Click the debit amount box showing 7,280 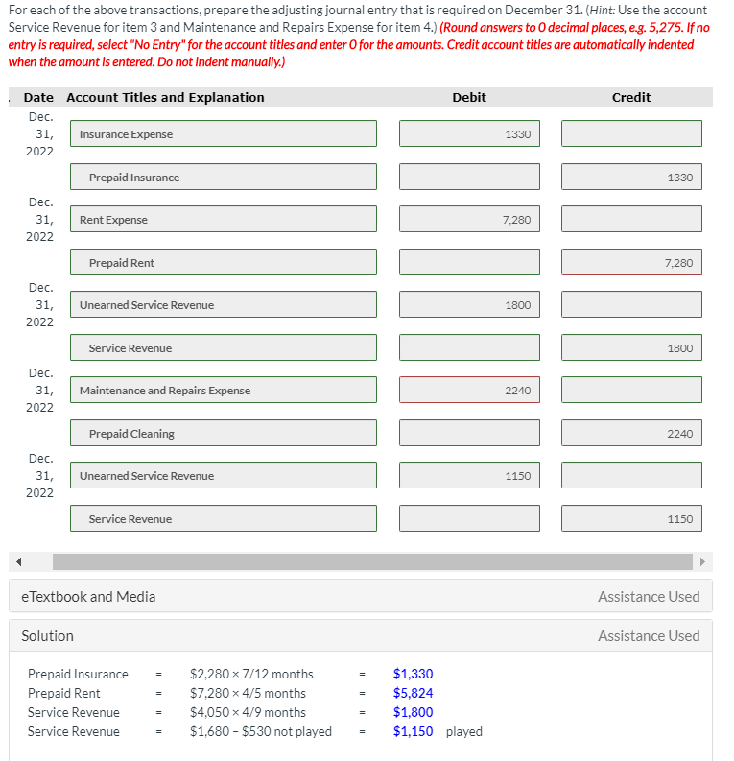coord(469,220)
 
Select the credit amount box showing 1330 coord(631,178)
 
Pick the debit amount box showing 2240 coord(469,391)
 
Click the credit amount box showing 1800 coord(631,348)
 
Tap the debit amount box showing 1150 coord(469,476)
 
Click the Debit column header coord(468,97)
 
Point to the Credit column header coord(630,97)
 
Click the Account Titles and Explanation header coord(165,97)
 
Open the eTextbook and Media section coord(88,597)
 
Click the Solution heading coord(47,636)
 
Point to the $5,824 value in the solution coord(413,693)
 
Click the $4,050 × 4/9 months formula coord(248,712)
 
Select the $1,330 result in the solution coord(413,674)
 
